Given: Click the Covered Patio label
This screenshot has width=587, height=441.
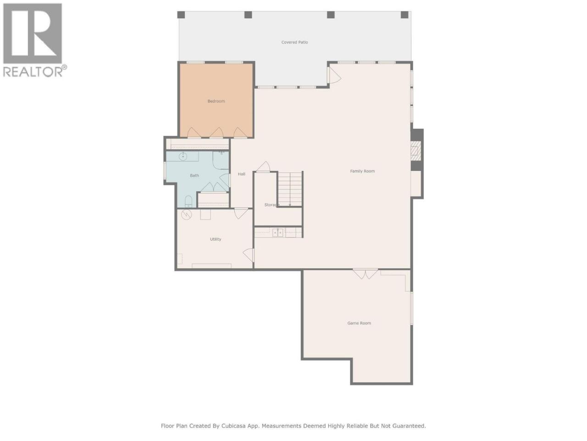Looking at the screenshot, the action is coord(294,42).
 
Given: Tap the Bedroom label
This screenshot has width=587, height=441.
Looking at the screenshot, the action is coord(216,101).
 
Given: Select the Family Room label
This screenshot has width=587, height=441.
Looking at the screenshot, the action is coord(362,171).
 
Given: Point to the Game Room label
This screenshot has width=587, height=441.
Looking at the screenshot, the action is coord(359,323).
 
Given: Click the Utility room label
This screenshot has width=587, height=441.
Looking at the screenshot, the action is coord(216,239).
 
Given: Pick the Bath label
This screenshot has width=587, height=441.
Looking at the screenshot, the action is coord(194,175).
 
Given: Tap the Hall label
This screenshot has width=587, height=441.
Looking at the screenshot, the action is coord(242,174).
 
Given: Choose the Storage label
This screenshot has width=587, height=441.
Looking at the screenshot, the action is coord(271,205).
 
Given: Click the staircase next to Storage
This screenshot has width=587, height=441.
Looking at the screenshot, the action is coord(290,189).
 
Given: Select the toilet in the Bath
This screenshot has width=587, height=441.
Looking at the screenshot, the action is coord(188,201).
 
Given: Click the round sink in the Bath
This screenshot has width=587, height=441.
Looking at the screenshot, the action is coord(183,157).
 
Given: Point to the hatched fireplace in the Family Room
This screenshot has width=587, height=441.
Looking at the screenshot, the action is coord(415,151).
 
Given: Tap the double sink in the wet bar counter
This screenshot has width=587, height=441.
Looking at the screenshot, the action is coord(278,233).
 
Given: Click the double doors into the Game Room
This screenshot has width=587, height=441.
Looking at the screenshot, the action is coord(365,274).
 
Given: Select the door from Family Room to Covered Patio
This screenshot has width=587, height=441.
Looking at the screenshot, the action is coord(334,75).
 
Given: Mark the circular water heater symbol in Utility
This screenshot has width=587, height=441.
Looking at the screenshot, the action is coord(186,215).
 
